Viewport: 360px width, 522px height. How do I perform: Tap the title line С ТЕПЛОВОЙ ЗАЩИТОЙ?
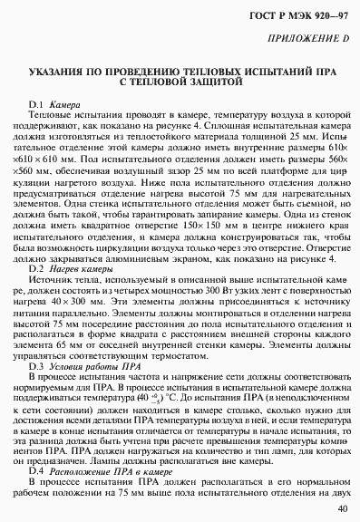point(181,82)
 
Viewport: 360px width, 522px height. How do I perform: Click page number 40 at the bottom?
point(341,507)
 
